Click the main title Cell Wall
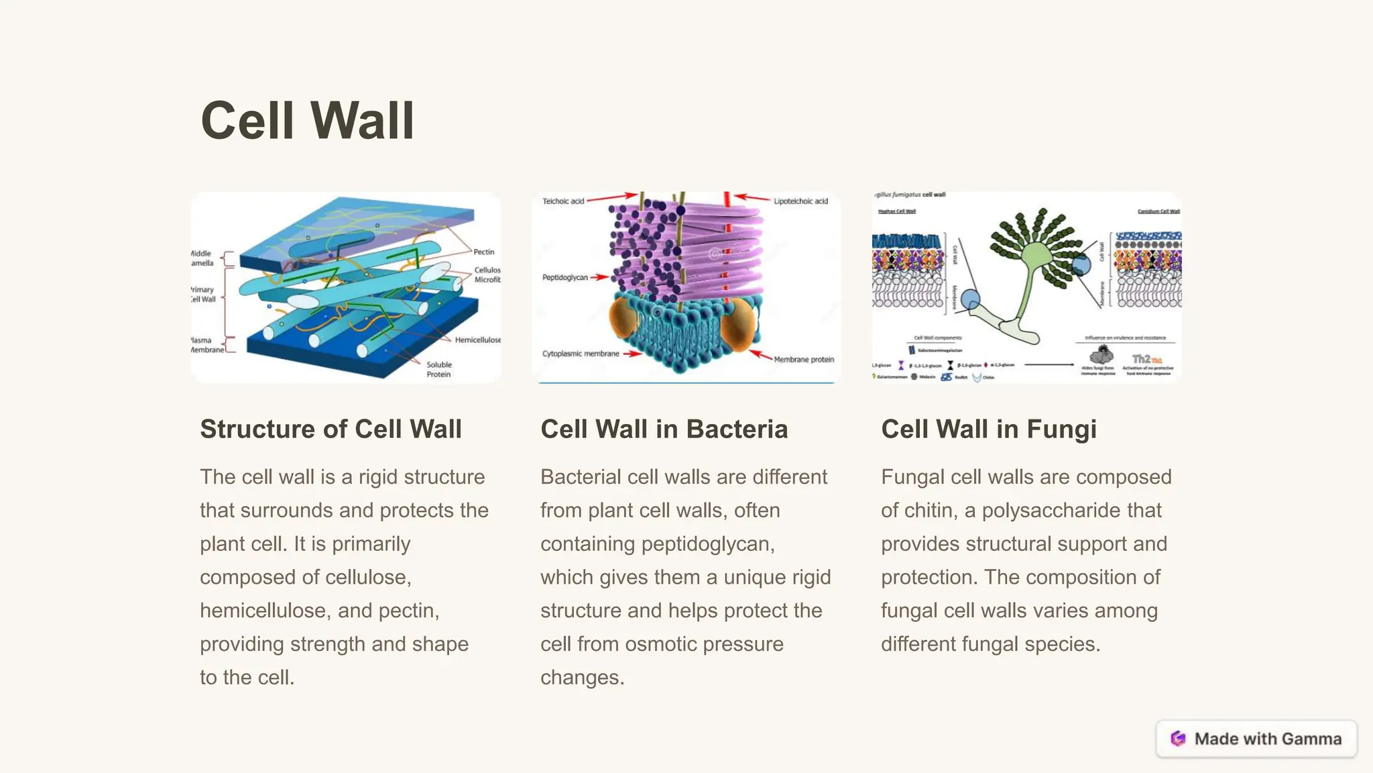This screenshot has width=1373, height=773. click(x=307, y=121)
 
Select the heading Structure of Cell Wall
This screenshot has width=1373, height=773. click(x=331, y=429)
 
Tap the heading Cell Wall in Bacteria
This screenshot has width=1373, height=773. click(x=664, y=429)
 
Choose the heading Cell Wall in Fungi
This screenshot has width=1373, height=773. click(x=988, y=429)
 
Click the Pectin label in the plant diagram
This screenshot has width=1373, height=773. click(x=483, y=252)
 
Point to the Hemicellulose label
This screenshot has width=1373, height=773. click(x=477, y=340)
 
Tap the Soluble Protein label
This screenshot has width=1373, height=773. click(x=439, y=370)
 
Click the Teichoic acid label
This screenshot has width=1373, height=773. click(x=563, y=201)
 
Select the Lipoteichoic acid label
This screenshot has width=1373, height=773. click(x=800, y=201)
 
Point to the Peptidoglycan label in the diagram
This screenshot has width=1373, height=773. click(x=564, y=278)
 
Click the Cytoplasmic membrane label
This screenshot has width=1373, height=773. click(x=581, y=354)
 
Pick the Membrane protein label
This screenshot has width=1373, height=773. click(x=803, y=360)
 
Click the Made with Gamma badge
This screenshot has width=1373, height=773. click(x=1256, y=739)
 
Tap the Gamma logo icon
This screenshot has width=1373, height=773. click(x=1178, y=739)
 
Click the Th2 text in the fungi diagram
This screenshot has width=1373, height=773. click(x=1142, y=359)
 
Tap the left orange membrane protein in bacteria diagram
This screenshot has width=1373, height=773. click(x=623, y=319)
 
